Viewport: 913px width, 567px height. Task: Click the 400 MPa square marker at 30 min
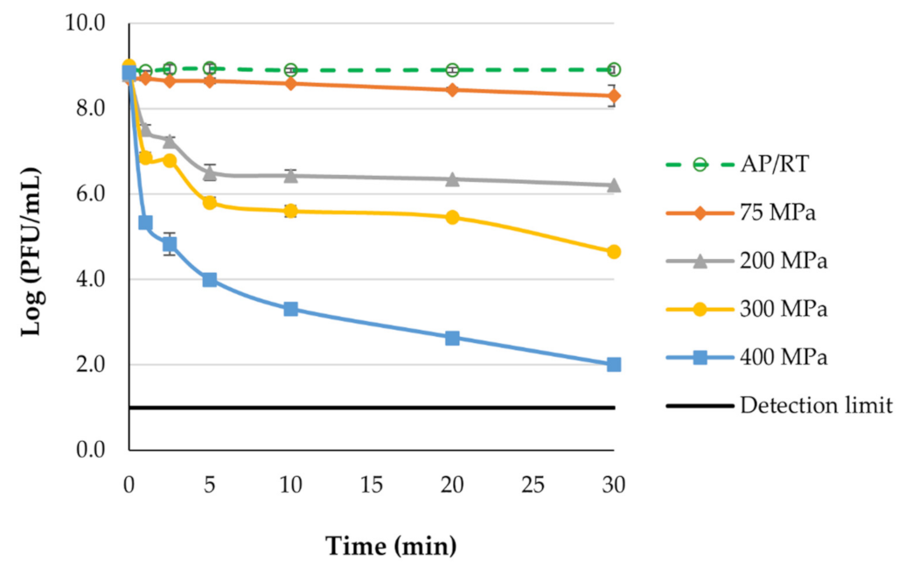(x=614, y=365)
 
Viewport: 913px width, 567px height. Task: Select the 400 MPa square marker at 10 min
(x=290, y=309)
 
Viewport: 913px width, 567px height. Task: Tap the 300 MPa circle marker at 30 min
(x=614, y=252)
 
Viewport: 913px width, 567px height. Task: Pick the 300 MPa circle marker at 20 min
(x=452, y=217)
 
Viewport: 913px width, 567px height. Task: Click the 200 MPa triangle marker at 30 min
(x=614, y=185)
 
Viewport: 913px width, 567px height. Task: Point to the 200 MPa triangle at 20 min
(x=452, y=178)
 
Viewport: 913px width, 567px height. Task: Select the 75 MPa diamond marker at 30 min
(x=614, y=96)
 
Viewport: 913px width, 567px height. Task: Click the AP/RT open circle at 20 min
(x=452, y=70)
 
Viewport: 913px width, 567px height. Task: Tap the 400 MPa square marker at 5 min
(x=210, y=280)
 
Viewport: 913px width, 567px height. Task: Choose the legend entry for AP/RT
(x=770, y=164)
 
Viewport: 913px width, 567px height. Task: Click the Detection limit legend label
(x=815, y=405)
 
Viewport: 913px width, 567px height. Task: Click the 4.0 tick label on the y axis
(x=90, y=280)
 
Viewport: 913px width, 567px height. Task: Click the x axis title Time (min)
(x=391, y=547)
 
